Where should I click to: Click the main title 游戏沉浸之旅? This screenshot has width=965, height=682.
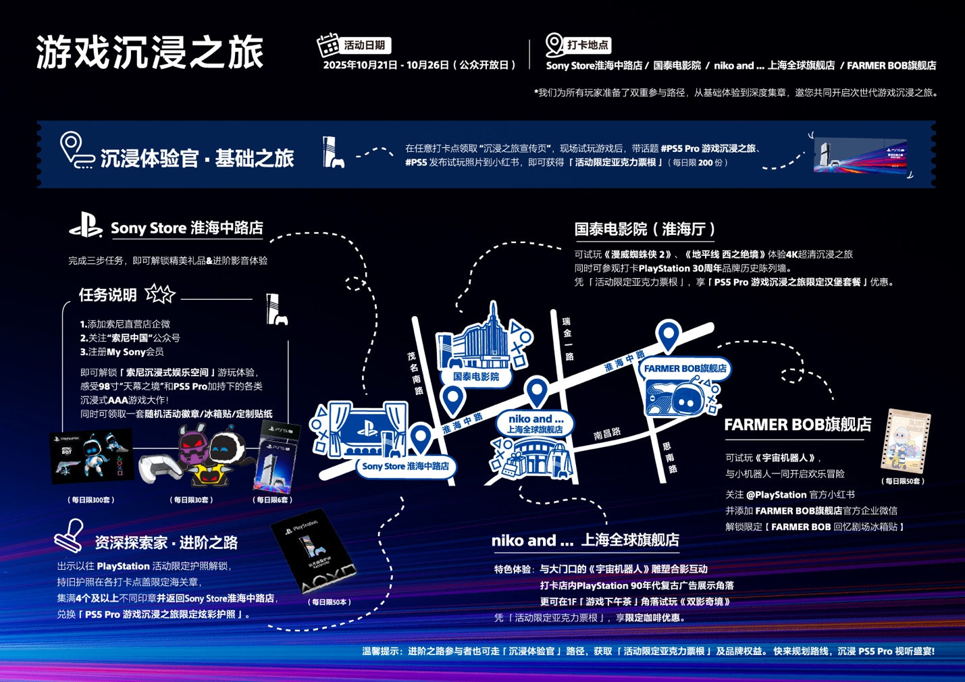coord(149,53)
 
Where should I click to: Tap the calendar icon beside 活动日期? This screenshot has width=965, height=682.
coord(328,45)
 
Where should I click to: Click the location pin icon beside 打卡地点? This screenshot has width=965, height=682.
coord(554,45)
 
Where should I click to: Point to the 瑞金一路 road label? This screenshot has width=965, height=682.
coord(567,338)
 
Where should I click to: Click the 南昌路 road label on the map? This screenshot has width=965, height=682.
coord(607,434)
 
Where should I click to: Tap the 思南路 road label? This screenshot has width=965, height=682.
coord(669,457)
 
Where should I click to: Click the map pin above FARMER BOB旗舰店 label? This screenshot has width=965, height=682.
coord(669,336)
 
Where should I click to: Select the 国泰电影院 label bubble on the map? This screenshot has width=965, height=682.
coord(476,377)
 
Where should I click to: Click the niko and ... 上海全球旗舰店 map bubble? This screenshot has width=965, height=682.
coord(535,424)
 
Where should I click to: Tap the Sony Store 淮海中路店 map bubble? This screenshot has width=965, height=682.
coord(405,466)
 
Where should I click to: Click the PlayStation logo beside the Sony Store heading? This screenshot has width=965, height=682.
coord(86,226)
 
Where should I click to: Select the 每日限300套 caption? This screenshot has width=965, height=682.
coord(91,500)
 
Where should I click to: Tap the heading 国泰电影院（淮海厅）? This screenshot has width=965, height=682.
coord(645,230)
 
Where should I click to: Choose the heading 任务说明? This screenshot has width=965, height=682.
coord(108,295)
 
